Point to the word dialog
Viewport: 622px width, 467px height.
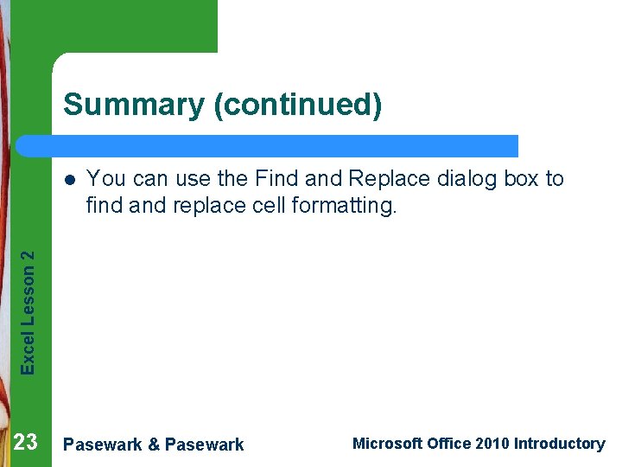(469, 179)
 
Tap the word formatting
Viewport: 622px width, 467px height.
(350, 206)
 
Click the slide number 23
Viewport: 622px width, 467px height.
(26, 443)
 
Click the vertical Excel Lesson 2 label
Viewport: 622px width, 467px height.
(29, 312)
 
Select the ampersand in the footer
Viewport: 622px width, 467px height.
(154, 445)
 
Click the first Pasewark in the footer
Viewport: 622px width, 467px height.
(103, 445)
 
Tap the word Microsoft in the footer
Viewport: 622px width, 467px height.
(388, 444)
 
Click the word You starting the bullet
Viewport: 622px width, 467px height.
(104, 179)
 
